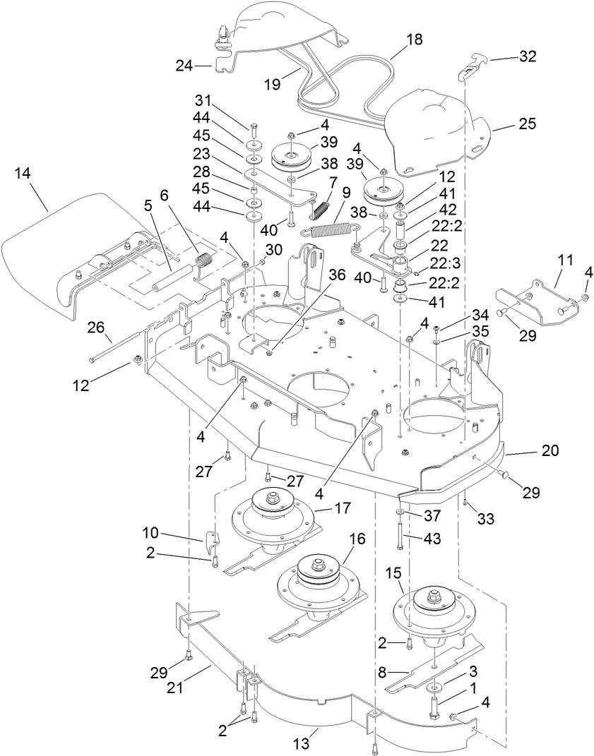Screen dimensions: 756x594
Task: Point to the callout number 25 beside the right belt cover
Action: [x=527, y=124]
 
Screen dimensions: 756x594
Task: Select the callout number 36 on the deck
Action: [x=336, y=276]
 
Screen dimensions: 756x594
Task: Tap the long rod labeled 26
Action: [x=113, y=349]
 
